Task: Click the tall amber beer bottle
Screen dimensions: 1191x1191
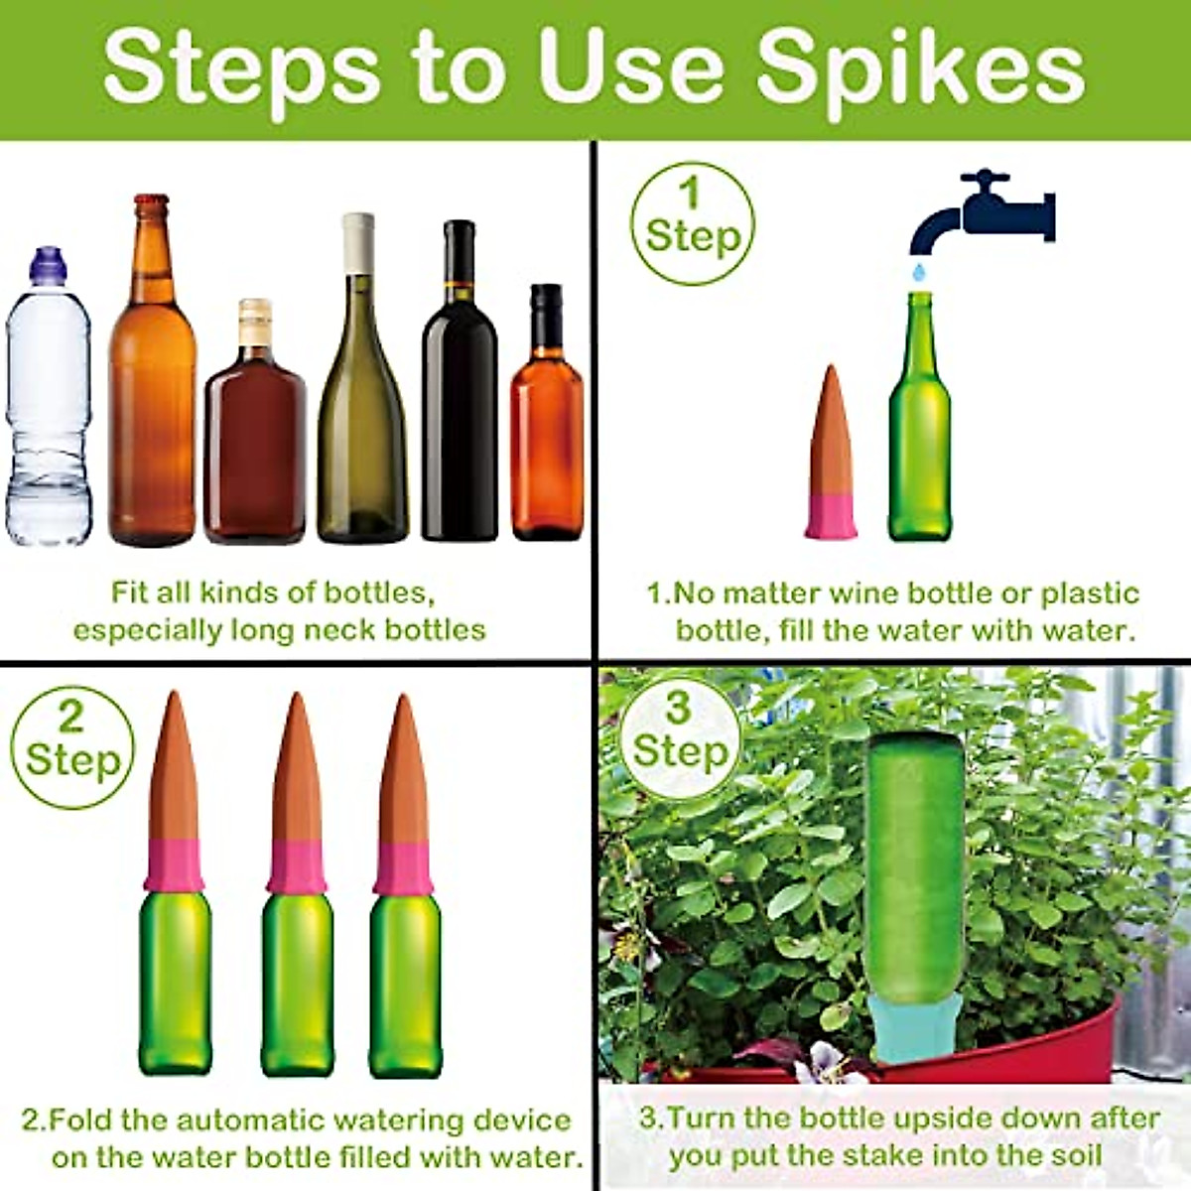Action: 152,397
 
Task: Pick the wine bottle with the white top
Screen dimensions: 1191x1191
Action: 361,397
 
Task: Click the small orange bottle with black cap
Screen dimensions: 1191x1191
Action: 547,427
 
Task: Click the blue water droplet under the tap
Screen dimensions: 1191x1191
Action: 921,271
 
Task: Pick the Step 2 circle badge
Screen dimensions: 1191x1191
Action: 71,747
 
